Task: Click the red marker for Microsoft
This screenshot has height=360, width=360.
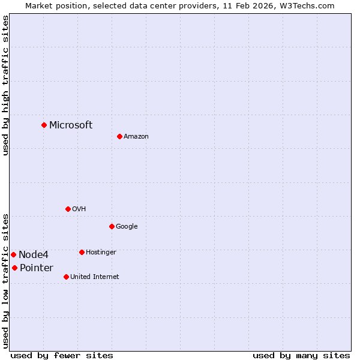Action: (x=44, y=125)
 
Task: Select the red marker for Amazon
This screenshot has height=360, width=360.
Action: (x=119, y=136)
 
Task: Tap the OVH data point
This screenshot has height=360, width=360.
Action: (x=68, y=209)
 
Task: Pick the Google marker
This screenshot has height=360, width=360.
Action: (x=112, y=226)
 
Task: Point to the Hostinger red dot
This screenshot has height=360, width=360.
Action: (x=82, y=252)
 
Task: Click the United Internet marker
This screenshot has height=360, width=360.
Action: (x=66, y=277)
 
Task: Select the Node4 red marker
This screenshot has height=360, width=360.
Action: (x=13, y=254)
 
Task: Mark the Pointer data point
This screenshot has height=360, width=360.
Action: (x=14, y=268)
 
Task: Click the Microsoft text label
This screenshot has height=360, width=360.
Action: (x=71, y=125)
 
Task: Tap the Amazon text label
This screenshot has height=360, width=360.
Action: (x=136, y=136)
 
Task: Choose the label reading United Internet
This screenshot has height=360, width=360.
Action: (x=94, y=277)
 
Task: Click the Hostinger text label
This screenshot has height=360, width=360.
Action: (x=101, y=252)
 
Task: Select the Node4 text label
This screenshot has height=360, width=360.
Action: (x=34, y=254)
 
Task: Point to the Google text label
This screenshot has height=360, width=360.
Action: (x=127, y=226)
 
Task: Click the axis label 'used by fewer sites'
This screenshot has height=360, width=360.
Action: (x=62, y=355)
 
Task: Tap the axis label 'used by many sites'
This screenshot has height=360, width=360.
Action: (x=301, y=355)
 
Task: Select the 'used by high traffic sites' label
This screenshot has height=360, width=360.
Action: (x=5, y=85)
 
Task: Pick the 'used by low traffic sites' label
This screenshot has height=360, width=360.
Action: (x=5, y=280)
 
